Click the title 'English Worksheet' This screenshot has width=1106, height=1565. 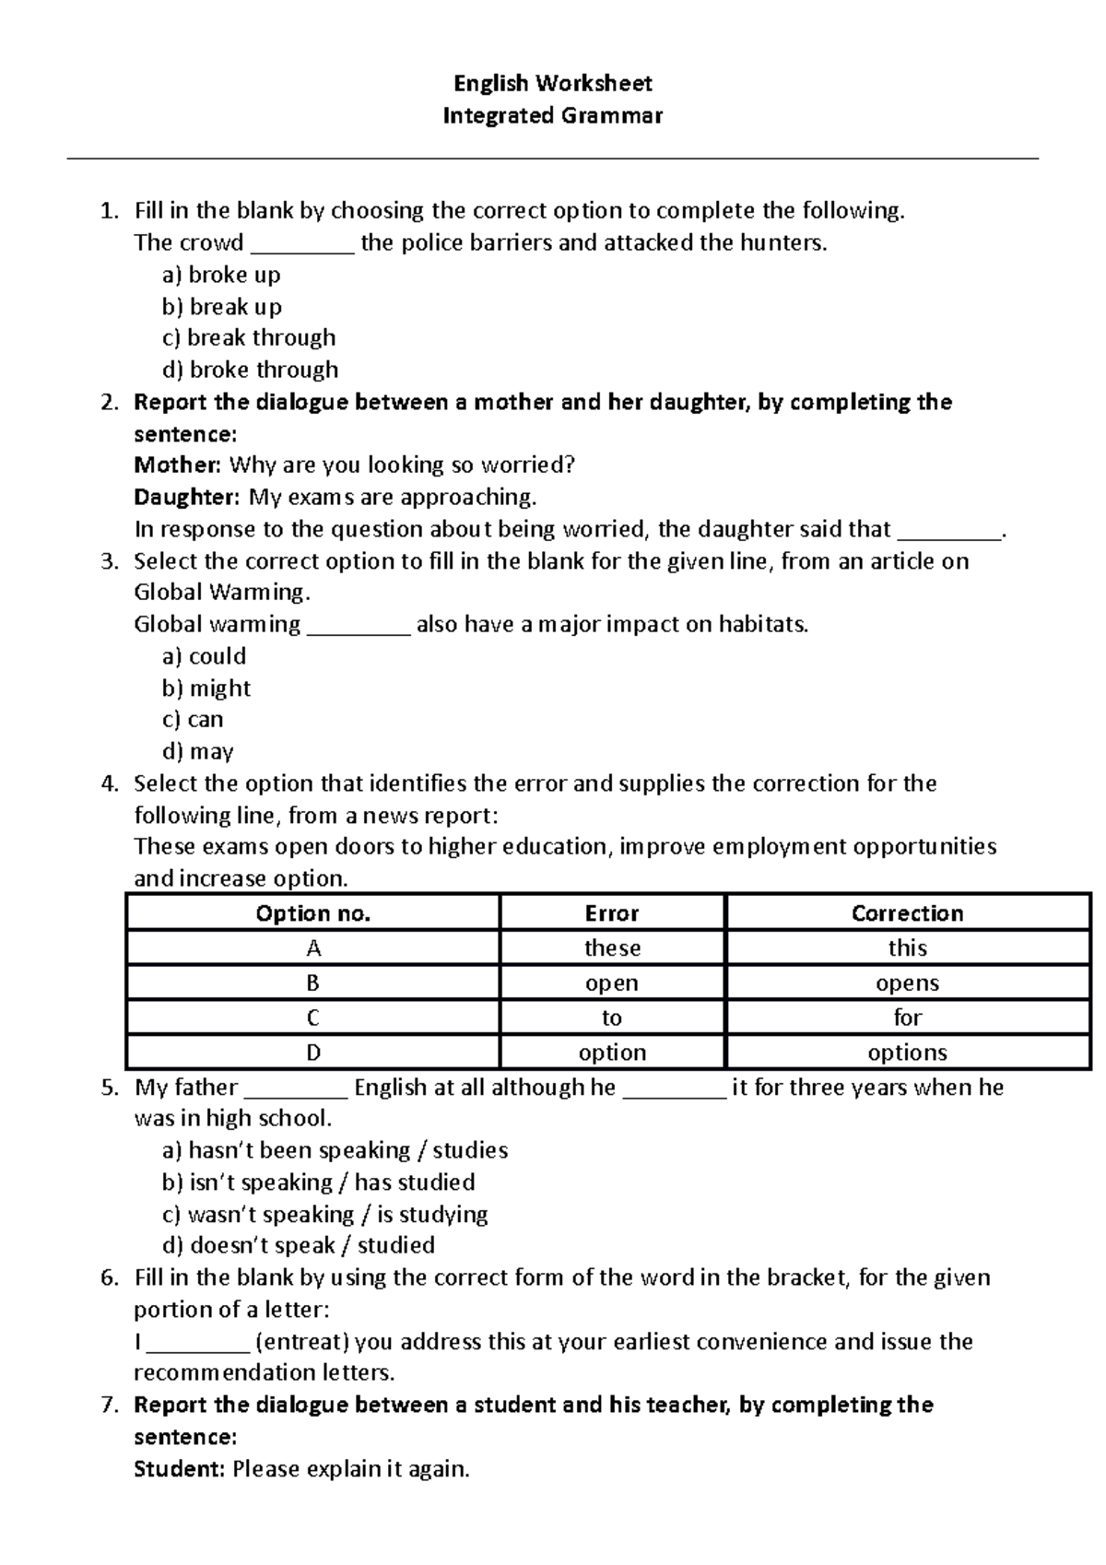[552, 84]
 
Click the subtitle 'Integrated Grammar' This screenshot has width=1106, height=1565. [552, 116]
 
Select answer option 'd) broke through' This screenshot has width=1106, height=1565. [250, 370]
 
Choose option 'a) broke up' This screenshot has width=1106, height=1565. [221, 275]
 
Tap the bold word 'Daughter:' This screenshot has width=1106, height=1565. [187, 498]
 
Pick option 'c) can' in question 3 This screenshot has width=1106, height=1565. [193, 720]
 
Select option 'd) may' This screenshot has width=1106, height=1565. [197, 752]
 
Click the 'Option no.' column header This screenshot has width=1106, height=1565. [312, 913]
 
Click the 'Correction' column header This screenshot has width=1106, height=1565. [907, 913]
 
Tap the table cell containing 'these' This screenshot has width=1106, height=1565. [612, 948]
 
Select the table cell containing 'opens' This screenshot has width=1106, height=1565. [907, 983]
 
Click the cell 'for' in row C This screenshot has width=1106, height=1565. [907, 1018]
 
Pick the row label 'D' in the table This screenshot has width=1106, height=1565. [312, 1053]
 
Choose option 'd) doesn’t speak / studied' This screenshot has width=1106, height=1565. [298, 1246]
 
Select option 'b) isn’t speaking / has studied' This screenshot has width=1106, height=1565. [318, 1183]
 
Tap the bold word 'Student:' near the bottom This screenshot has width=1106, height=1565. [179, 1469]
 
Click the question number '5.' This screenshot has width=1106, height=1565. [110, 1088]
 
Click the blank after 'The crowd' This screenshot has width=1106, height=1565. [301, 243]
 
